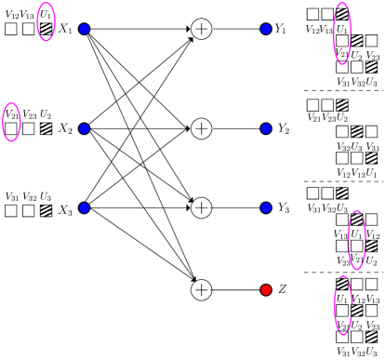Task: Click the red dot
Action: pyautogui.click(x=266, y=290)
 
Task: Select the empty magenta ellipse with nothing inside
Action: pyautogui.click(x=11, y=122)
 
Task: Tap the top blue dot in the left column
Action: pyautogui.click(x=84, y=29)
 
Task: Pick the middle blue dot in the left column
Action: pyautogui.click(x=84, y=128)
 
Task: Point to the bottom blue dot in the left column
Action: pyautogui.click(x=84, y=208)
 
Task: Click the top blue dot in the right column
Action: pyautogui.click(x=266, y=29)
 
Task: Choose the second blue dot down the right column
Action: pyautogui.click(x=266, y=128)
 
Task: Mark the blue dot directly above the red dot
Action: pyautogui.click(x=266, y=208)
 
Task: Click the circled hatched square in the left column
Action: pyautogui.click(x=46, y=29)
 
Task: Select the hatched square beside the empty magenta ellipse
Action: pyautogui.click(x=46, y=128)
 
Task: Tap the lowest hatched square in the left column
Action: pyautogui.click(x=46, y=210)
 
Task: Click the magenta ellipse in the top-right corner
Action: pyautogui.click(x=342, y=34)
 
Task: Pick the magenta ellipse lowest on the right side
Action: pyautogui.click(x=343, y=306)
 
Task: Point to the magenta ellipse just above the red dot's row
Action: pyautogui.click(x=356, y=240)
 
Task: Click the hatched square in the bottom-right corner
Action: pyautogui.click(x=371, y=336)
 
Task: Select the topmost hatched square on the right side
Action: pyautogui.click(x=342, y=14)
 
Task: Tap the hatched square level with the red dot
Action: pyautogui.click(x=342, y=284)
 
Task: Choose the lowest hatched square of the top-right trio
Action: pyautogui.click(x=371, y=67)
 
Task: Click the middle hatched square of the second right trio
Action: pyautogui.click(x=356, y=131)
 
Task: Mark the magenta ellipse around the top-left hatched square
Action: pyautogui.click(x=46, y=21)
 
